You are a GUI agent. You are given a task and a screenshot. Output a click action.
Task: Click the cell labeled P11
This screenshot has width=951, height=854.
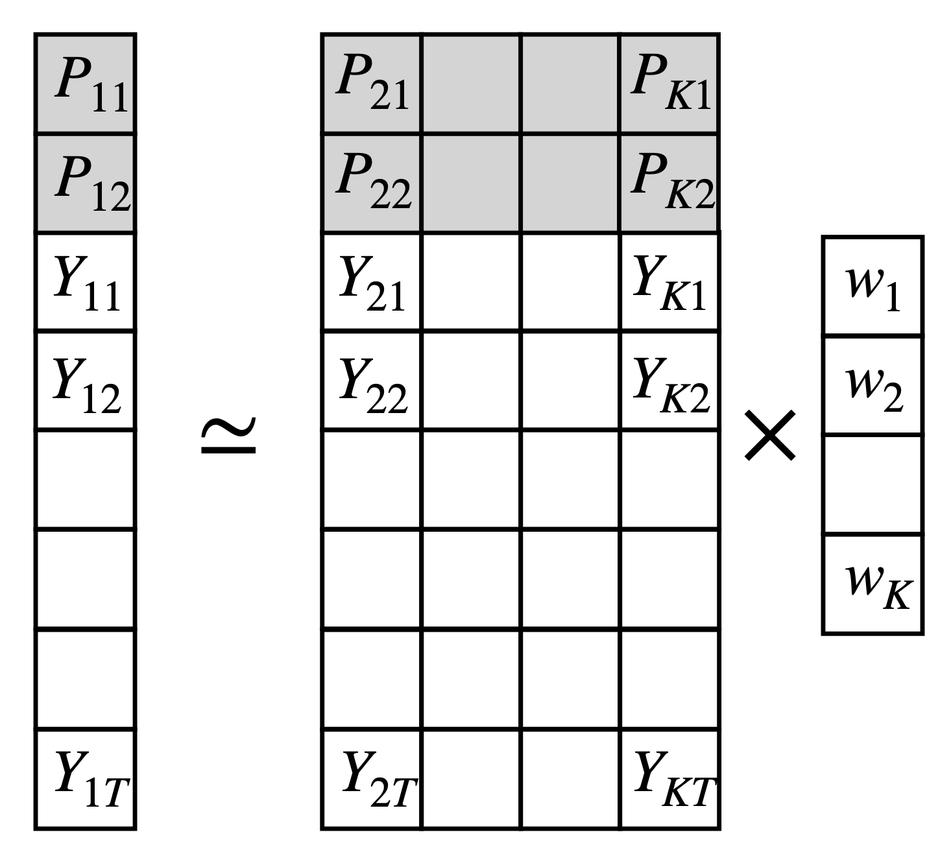coord(85,84)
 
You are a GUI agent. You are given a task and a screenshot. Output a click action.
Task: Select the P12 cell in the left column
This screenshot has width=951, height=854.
coord(85,184)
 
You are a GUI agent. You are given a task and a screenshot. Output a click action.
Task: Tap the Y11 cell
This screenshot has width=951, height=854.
coord(85,283)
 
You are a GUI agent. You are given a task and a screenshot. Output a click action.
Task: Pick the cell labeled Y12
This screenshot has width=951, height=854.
coord(85,381)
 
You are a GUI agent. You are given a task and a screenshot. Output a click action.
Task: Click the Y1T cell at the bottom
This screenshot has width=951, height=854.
coord(85,779)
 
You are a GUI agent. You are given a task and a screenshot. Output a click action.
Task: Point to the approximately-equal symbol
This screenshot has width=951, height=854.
coord(229,435)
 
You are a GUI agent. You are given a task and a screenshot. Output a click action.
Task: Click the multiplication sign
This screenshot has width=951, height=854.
coord(769,435)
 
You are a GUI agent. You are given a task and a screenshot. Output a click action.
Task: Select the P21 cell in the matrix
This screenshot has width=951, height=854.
coord(372,84)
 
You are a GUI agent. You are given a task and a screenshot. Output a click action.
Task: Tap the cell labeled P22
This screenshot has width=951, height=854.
coord(372,184)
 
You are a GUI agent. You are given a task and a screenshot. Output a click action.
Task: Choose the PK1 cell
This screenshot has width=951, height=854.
coord(669,84)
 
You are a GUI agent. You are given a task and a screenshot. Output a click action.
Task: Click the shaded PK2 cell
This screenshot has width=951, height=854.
coord(669,184)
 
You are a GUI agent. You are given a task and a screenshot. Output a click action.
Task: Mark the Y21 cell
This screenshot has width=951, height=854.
coord(372,283)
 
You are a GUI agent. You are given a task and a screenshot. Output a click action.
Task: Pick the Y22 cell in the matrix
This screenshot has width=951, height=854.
coord(372,381)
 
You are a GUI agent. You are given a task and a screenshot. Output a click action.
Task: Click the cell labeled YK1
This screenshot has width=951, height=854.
coord(669,283)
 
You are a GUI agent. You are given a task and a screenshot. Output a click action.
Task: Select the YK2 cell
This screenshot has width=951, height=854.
coord(669,381)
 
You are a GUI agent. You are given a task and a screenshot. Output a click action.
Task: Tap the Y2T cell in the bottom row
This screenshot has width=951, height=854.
coord(372,779)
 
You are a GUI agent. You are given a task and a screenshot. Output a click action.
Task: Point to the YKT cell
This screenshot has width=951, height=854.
coord(669,779)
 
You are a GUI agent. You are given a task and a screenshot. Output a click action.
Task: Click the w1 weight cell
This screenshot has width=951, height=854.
coord(873,287)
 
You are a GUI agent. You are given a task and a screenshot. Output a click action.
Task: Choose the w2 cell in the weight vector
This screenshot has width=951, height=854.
coord(873,385)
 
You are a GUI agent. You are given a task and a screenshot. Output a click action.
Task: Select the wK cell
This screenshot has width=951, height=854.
coord(873,584)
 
